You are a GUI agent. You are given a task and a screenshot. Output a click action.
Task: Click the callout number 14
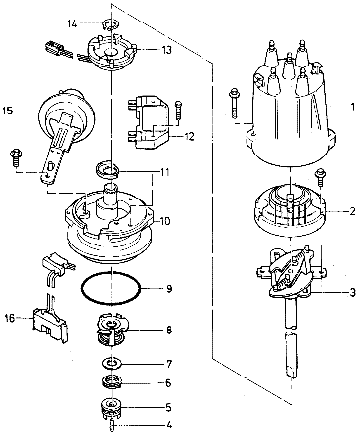(72, 23)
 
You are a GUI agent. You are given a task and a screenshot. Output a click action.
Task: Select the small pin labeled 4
(112, 426)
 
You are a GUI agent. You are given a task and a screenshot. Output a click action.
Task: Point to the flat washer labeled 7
(112, 363)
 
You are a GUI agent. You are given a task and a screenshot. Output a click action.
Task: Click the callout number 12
(189, 136)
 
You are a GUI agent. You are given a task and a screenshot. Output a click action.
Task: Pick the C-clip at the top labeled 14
(110, 23)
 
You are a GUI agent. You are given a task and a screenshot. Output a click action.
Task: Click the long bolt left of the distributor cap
(234, 102)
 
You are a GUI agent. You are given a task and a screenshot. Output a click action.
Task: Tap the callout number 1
(352, 107)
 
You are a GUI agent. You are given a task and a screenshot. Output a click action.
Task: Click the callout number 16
(10, 318)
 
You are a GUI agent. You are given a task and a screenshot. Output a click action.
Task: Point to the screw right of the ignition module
(178, 111)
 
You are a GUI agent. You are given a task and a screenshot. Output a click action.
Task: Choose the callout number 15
(8, 111)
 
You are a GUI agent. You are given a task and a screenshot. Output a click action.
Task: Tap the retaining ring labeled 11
(108, 170)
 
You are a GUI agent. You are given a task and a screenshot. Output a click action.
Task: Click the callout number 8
(169, 331)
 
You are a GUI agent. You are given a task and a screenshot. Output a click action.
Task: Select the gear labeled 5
(112, 408)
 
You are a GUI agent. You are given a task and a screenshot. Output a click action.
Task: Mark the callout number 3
(352, 292)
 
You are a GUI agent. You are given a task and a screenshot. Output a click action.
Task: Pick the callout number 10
(165, 221)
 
